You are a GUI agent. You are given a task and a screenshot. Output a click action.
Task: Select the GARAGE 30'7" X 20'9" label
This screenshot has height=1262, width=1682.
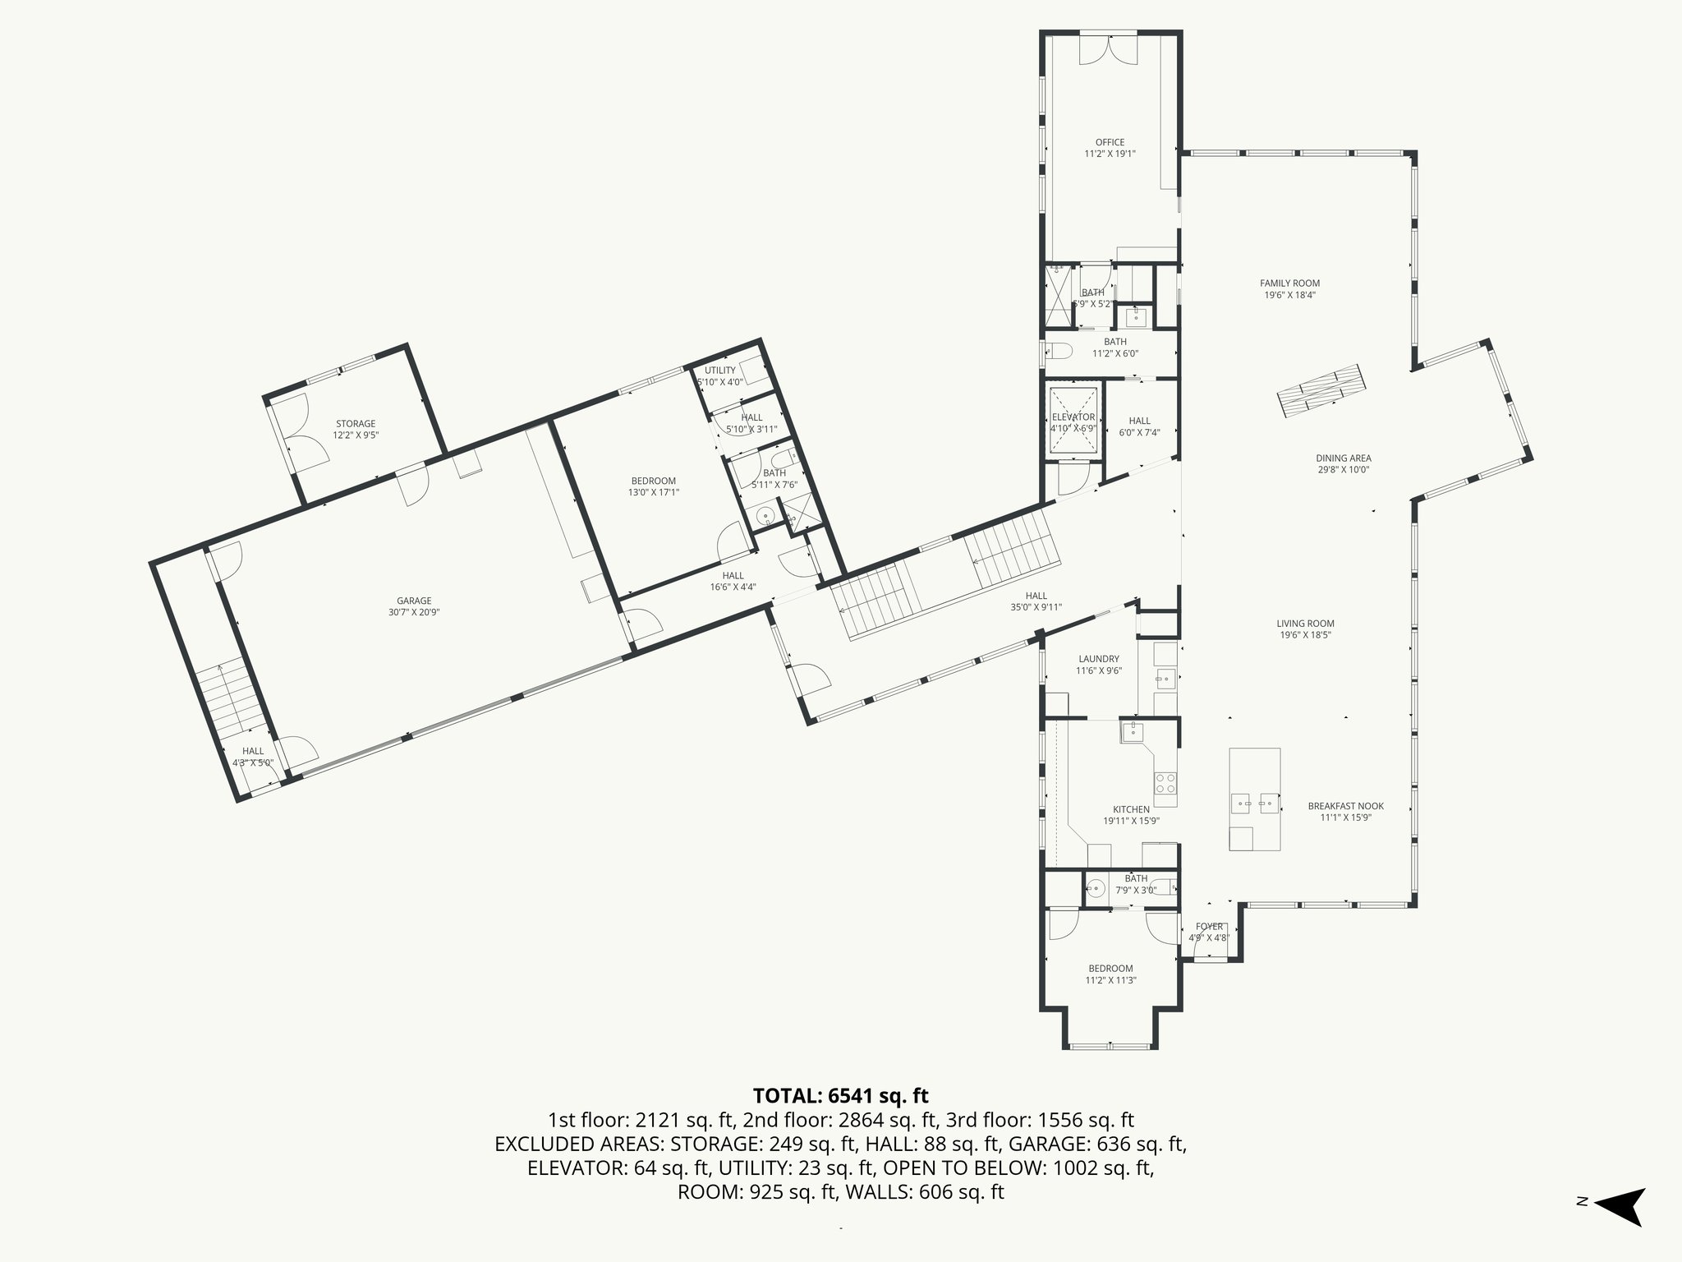pos(414,606)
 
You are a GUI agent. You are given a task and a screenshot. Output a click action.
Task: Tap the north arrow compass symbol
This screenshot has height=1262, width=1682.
pos(1617,1230)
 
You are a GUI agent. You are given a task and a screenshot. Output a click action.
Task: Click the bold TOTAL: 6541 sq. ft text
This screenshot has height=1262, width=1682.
pos(840,1095)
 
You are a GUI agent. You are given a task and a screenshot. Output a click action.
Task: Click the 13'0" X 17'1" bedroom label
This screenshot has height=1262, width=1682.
pos(653,486)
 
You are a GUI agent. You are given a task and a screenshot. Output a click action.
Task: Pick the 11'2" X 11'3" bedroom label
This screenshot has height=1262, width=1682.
pos(1110,974)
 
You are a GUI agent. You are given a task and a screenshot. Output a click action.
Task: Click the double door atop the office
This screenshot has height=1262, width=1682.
pos(1108,49)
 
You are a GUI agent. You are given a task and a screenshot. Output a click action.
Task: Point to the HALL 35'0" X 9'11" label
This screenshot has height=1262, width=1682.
pos(1036,601)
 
